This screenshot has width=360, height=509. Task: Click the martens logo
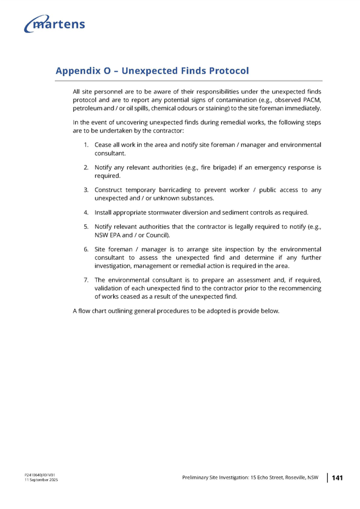[x=55, y=24]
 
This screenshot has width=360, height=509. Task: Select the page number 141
[x=337, y=478]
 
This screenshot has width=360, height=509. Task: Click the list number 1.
[x=85, y=145]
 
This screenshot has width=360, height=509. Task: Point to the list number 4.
[x=85, y=213]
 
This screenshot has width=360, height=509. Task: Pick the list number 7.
[x=85, y=280]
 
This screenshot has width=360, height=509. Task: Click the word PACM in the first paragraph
[x=312, y=100]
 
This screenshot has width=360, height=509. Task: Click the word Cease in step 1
[x=103, y=145]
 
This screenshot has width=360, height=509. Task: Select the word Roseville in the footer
[x=296, y=478]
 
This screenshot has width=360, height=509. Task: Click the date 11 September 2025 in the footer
[x=41, y=480]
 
